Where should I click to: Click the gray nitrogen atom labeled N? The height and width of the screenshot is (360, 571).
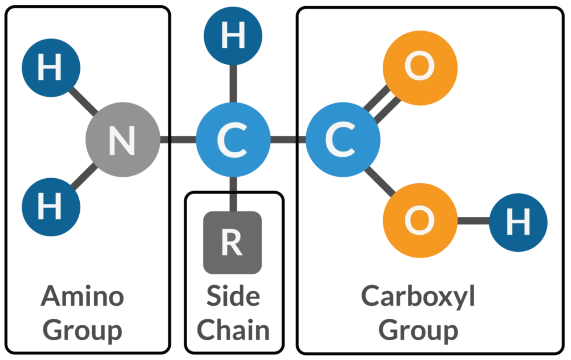point(123,140)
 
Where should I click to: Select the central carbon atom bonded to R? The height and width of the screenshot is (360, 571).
point(233,140)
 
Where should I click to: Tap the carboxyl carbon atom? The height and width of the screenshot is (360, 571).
point(343,140)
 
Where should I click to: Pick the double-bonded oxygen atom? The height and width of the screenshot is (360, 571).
point(420,68)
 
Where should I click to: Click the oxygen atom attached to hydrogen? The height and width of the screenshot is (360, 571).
point(420,220)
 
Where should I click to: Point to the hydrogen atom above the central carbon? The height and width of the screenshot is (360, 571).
point(233,36)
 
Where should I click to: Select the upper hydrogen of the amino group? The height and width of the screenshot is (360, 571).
point(51,68)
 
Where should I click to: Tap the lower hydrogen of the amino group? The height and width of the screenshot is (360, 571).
point(51,207)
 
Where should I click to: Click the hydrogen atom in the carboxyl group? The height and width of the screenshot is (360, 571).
point(518,222)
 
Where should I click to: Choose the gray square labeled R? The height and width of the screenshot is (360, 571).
point(232,243)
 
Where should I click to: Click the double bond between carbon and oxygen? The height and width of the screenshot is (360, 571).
point(381,104)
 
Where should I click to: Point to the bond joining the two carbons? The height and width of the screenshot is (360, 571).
point(288,140)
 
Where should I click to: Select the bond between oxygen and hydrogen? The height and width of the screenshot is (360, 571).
point(473,221)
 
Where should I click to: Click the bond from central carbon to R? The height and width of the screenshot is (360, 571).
point(233,194)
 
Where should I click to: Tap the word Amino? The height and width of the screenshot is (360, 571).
point(82,296)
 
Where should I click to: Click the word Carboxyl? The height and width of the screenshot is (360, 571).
point(418,296)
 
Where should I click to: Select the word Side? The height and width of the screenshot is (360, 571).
point(233,296)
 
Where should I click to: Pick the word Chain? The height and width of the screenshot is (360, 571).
point(233,330)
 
